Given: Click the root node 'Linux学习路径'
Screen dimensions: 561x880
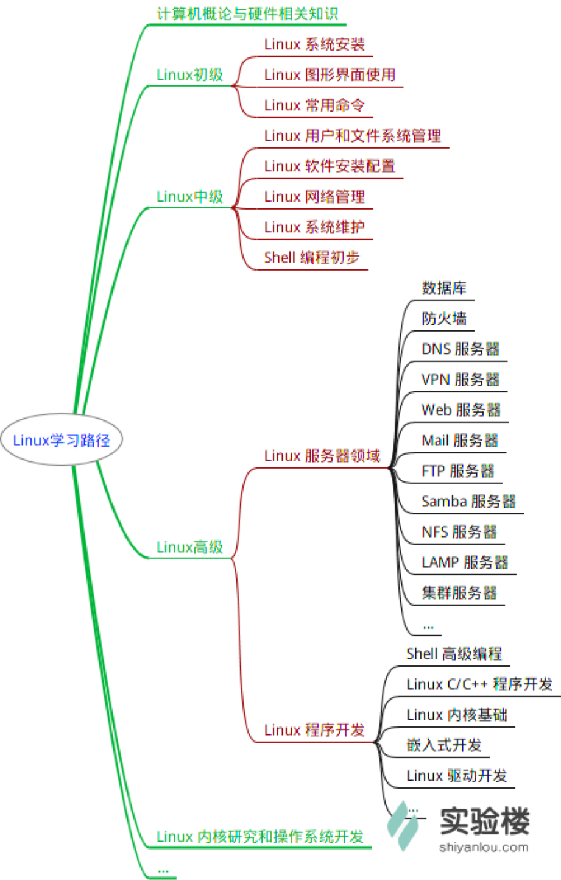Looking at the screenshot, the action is click(62, 439).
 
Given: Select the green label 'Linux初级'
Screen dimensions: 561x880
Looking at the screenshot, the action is click(189, 74).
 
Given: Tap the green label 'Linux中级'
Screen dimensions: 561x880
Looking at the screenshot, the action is click(189, 196).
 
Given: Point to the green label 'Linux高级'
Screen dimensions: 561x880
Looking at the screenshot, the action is click(189, 547).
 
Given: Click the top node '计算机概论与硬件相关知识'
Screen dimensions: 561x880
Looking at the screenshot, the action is click(247, 14).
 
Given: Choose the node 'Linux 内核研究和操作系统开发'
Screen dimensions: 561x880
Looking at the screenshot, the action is click(260, 836).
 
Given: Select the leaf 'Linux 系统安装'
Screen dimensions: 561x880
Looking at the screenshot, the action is click(314, 44).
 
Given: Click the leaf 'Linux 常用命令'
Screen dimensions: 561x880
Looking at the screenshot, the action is click(314, 105).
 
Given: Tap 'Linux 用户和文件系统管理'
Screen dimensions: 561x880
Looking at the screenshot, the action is click(353, 136).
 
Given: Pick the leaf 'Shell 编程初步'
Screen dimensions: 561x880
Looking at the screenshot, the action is click(312, 258).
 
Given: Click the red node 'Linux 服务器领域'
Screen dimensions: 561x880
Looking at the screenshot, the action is click(322, 456).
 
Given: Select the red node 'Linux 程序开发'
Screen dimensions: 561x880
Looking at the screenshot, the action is click(314, 730).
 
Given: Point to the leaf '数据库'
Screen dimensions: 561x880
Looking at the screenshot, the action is click(444, 288).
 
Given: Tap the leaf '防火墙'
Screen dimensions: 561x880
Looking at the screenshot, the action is click(444, 319).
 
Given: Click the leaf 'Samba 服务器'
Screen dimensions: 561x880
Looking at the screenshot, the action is click(469, 502).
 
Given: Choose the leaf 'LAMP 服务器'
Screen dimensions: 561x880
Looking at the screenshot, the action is click(465, 562).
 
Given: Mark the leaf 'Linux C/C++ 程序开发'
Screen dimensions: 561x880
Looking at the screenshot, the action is click(479, 684).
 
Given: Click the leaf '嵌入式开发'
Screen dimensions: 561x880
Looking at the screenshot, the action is click(444, 745).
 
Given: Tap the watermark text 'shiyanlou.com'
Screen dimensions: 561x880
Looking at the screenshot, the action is click(484, 847).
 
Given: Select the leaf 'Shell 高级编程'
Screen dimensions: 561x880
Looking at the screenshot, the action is click(454, 654).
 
